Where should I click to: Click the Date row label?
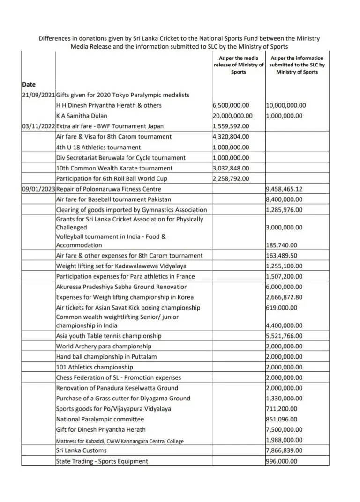pos(29,84)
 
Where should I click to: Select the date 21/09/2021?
pos(38,95)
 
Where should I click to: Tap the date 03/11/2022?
pos(38,126)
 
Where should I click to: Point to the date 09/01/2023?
pos(38,189)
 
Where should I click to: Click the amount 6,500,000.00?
pos(231,105)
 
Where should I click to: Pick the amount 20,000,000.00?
pos(232,116)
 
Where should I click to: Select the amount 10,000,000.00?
pos(286,105)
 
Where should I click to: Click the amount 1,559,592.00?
pos(231,126)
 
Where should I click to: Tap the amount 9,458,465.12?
pos(285,189)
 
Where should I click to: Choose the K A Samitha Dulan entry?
pos(82,116)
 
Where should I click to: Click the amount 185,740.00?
pos(281,245)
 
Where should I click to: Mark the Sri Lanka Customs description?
pos(81,450)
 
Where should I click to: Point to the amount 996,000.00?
pos(281,461)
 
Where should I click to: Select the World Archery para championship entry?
pos(104,347)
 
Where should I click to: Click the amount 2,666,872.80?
pos(285,297)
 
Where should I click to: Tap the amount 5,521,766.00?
pos(285,336)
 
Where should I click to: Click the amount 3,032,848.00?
pos(231,168)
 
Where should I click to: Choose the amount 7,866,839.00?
pos(285,450)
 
